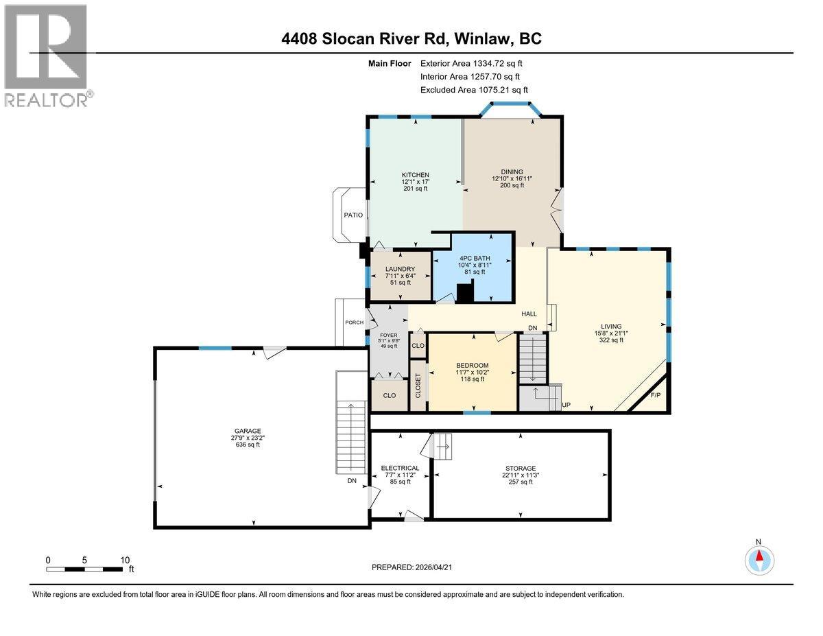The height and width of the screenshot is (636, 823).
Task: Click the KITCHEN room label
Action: point(416,175)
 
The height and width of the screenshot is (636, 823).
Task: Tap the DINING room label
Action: point(512,172)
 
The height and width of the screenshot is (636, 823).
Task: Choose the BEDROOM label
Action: point(473,365)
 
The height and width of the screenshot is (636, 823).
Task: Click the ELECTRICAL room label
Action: point(400,468)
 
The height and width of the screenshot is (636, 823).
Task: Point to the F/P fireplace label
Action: point(654,396)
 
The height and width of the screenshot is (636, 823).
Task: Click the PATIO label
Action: point(353,215)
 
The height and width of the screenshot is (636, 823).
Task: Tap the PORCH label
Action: point(354,322)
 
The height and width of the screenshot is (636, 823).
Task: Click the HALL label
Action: point(529,314)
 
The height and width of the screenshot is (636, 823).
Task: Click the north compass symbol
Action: point(759,559)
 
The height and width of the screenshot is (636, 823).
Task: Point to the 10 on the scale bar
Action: point(125,560)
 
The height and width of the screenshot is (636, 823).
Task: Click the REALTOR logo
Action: point(47,56)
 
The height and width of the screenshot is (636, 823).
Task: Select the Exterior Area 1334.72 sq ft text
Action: point(476,63)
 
